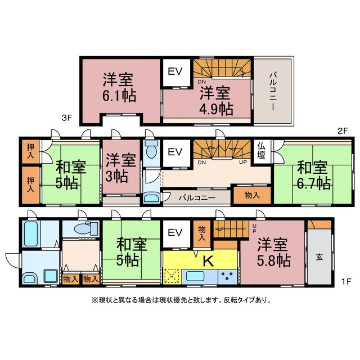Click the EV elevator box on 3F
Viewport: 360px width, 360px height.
[177, 73]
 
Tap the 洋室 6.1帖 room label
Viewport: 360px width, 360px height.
[119, 88]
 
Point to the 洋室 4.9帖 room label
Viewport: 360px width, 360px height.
[216, 101]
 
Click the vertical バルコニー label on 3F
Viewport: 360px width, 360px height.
[273, 91]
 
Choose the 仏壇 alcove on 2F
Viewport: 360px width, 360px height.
[262, 151]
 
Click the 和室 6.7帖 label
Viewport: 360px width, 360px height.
[313, 175]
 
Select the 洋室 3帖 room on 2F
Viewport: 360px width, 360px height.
[121, 167]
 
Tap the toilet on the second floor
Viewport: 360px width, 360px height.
[151, 149]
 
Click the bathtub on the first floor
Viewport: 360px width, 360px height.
[31, 233]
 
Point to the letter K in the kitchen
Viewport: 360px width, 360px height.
[208, 260]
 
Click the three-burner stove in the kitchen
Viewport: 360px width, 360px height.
[227, 277]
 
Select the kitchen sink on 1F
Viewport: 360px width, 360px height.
[195, 276]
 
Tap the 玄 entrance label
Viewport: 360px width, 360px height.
[319, 257]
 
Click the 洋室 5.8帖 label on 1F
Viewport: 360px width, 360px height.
[273, 253]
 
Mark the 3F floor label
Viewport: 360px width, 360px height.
[66, 118]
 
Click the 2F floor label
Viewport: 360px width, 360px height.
[343, 131]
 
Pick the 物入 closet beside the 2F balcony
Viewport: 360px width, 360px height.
[252, 195]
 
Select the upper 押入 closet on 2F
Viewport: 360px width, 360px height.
[30, 151]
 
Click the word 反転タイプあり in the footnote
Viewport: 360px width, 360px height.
[247, 300]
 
